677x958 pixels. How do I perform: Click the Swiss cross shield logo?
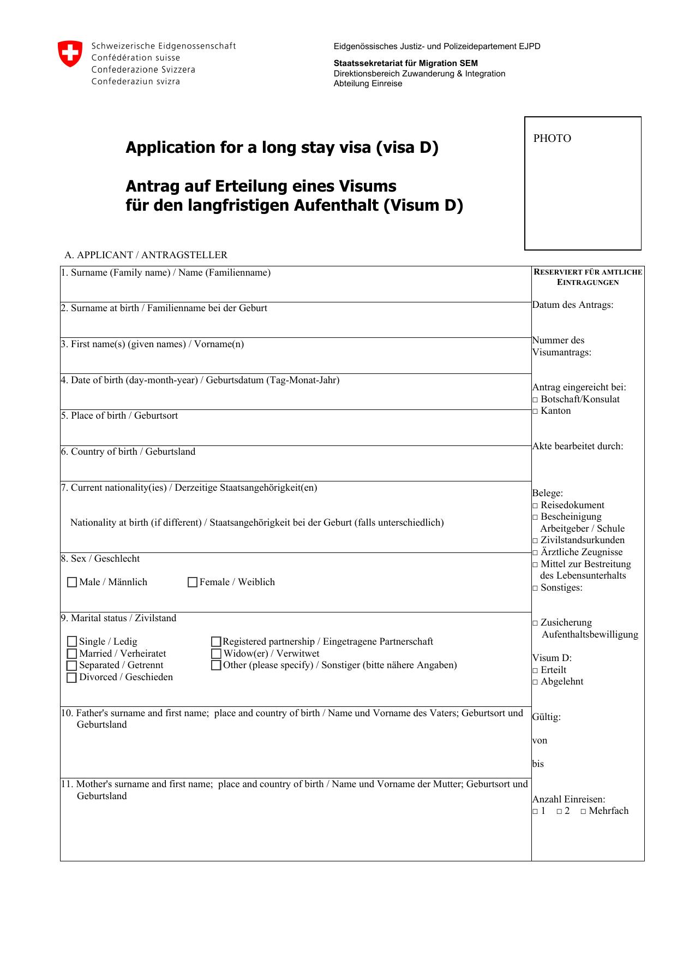coord(70,54)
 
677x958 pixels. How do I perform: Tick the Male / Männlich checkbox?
coord(72,582)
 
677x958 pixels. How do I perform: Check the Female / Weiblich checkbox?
coord(193,582)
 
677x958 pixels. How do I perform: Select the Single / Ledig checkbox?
coord(72,642)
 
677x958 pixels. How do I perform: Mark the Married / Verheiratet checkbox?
coord(72,654)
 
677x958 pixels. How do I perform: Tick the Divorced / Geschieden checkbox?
coord(72,678)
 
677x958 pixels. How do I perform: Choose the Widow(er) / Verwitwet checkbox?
coord(216,654)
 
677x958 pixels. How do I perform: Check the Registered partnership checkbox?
coord(216,642)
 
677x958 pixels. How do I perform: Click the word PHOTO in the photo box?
coord(552,139)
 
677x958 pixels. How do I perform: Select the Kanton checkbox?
coord(535,412)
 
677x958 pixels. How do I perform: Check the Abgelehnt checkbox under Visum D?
coord(535,682)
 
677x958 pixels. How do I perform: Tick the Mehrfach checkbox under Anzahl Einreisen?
coord(583,812)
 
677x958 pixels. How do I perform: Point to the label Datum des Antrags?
coord(573,305)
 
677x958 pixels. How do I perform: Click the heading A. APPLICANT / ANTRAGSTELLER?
coord(146,255)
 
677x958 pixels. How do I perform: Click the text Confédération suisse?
coord(135,58)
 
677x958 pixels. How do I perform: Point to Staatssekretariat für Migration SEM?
coord(405,63)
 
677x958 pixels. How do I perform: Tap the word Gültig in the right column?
coord(546,717)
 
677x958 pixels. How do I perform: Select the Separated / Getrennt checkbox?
coord(72,666)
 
